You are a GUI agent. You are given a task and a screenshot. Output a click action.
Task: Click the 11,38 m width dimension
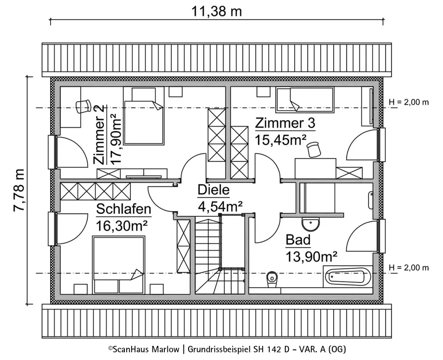[x=217, y=12]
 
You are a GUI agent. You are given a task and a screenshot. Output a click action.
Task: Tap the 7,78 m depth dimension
[x=19, y=190]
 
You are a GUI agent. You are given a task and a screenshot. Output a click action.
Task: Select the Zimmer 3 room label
[x=285, y=123]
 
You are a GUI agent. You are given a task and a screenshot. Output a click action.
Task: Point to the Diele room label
[x=214, y=190]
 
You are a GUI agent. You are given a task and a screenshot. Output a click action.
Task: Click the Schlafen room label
[x=124, y=209]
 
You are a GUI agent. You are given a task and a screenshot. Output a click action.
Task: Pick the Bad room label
[x=298, y=240]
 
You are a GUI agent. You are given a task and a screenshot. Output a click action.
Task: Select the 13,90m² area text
[x=311, y=257]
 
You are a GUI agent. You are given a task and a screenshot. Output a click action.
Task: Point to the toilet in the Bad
[x=272, y=280]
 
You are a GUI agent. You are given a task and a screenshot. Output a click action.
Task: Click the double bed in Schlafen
[x=119, y=265]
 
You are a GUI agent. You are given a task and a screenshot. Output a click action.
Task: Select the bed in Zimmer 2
[x=144, y=116]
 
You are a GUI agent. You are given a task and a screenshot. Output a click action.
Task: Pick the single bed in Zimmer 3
[x=305, y=100]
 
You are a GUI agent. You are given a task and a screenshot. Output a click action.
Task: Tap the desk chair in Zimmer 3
[x=314, y=149]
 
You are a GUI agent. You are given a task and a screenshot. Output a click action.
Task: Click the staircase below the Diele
[x=220, y=254]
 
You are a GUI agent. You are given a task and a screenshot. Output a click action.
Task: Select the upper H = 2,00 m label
[x=409, y=102]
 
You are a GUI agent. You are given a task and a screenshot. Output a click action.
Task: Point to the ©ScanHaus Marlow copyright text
[x=144, y=349]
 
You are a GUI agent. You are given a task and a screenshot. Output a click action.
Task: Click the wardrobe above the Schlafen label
[x=96, y=192]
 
